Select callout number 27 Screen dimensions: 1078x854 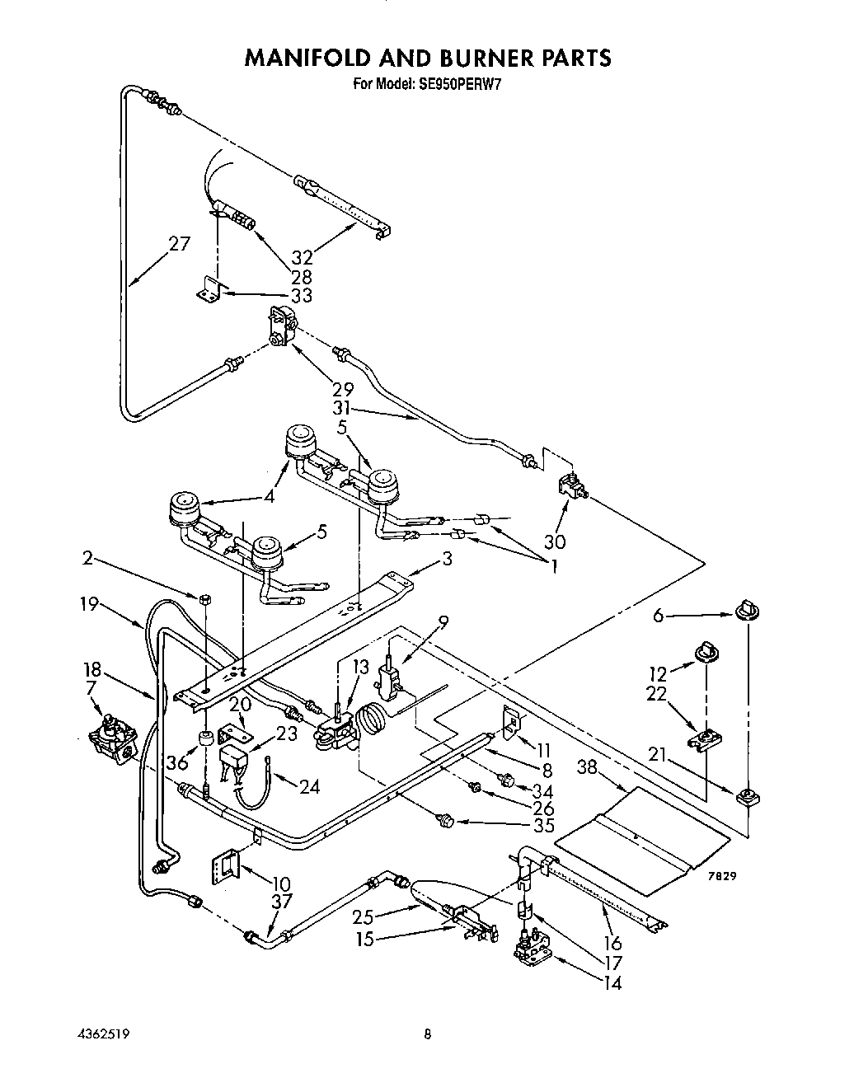click(x=179, y=244)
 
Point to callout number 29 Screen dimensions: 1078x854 click(x=343, y=389)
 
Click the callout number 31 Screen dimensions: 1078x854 click(x=343, y=408)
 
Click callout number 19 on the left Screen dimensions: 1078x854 click(x=88, y=604)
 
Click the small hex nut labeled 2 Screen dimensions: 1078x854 click(x=203, y=596)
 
